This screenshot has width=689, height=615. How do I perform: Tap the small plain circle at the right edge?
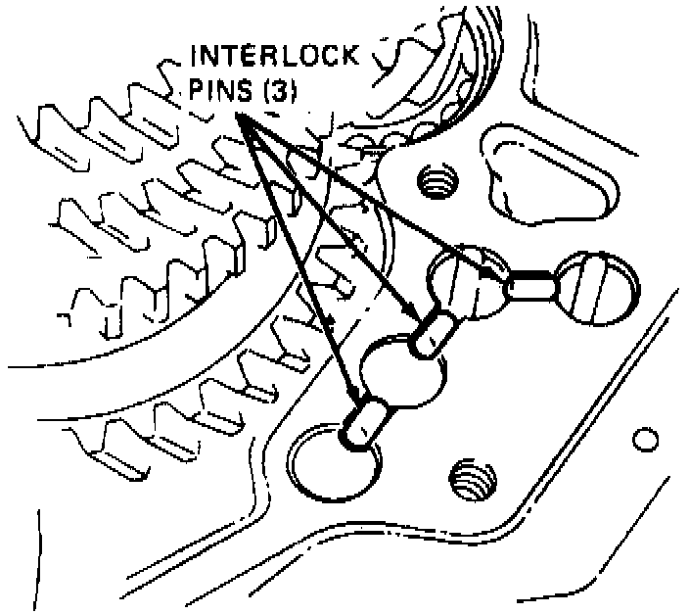click(x=643, y=439)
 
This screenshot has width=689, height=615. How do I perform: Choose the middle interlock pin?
click(x=434, y=332)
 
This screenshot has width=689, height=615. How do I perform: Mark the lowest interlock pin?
click(x=366, y=422)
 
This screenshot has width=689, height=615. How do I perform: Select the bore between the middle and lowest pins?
click(x=404, y=369)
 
